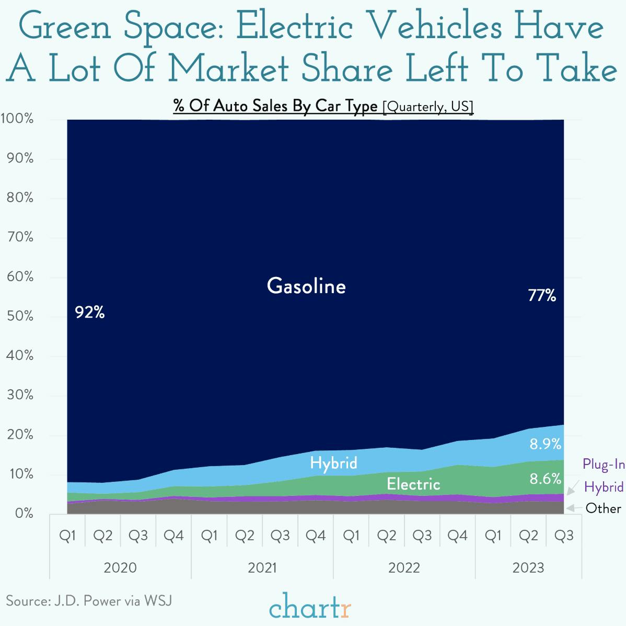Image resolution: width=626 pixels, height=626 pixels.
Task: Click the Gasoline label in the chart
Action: click(x=306, y=286)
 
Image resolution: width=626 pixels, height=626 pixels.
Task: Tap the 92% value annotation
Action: click(x=90, y=312)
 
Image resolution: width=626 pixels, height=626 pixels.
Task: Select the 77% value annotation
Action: click(x=542, y=296)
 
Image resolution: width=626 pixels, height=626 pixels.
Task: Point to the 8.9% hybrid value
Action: click(x=545, y=444)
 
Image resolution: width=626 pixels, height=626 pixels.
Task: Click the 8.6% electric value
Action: click(x=545, y=479)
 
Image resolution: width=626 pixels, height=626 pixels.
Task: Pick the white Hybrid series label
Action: click(x=333, y=463)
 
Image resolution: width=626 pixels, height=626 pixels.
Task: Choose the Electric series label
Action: click(x=413, y=484)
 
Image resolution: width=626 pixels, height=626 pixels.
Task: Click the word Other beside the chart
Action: click(x=603, y=508)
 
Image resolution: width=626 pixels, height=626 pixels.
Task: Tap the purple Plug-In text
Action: click(x=604, y=464)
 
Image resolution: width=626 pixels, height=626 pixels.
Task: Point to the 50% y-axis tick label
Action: click(x=20, y=316)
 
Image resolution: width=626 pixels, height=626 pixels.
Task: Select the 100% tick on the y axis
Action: click(x=17, y=119)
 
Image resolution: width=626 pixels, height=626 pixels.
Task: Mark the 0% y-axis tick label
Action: click(x=23, y=513)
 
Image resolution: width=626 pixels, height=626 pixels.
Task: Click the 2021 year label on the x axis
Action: click(x=262, y=567)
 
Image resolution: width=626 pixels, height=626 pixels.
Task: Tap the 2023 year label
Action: click(x=528, y=567)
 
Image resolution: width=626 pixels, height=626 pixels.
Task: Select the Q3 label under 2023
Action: click(x=563, y=536)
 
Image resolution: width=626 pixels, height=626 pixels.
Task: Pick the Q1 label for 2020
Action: click(x=67, y=536)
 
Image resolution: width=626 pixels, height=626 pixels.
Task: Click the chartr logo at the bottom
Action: click(x=310, y=606)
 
